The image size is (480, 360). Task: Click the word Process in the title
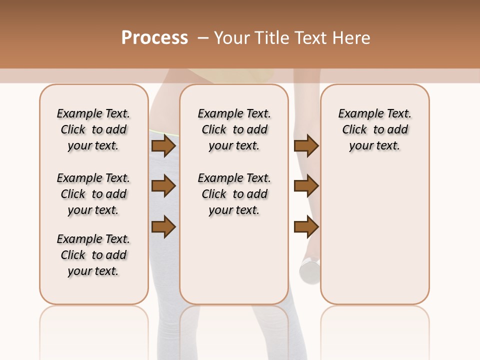pos(154,38)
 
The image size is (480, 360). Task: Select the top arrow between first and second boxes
pos(163,145)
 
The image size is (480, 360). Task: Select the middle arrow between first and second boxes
pos(163,186)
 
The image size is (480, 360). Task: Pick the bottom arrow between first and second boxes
pos(163,226)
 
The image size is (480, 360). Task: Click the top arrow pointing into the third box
pos(306,145)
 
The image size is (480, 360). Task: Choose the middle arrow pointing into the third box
pos(306,186)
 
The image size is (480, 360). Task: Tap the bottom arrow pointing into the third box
pos(306,226)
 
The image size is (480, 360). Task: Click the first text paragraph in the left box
pos(93,129)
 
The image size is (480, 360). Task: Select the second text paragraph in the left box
pos(93,194)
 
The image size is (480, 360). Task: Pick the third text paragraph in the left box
pos(93,255)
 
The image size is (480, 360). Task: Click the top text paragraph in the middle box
pos(234,129)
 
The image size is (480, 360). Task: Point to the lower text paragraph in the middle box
pos(234,194)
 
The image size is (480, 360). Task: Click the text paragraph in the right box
pos(374,129)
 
